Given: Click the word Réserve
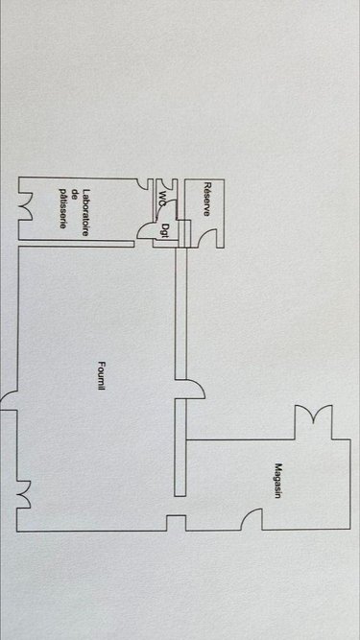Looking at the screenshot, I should coord(206,199).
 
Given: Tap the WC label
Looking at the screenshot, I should coord(163,199).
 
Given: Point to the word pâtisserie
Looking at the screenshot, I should coord(62,208).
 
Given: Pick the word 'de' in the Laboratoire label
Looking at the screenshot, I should coord(74,208).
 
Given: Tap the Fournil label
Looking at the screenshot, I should coord(102,378).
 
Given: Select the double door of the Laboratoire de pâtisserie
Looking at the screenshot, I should coord(26,205).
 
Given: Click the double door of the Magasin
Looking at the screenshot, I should coord(316,417).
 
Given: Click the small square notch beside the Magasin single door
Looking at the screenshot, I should coord(176,523).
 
